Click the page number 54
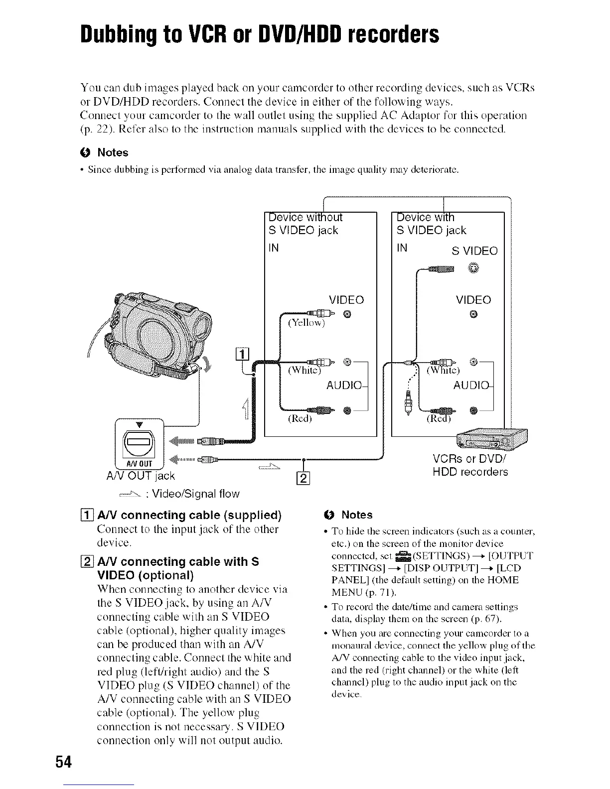tap(64, 762)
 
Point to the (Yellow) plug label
tap(306, 323)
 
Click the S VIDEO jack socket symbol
tap(473, 269)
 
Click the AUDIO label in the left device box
tap(345, 386)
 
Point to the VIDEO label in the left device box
tap(346, 300)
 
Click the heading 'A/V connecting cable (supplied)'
tap(189, 515)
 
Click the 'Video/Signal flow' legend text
tap(196, 494)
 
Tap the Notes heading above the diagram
tap(113, 152)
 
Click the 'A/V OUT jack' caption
tap(141, 476)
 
